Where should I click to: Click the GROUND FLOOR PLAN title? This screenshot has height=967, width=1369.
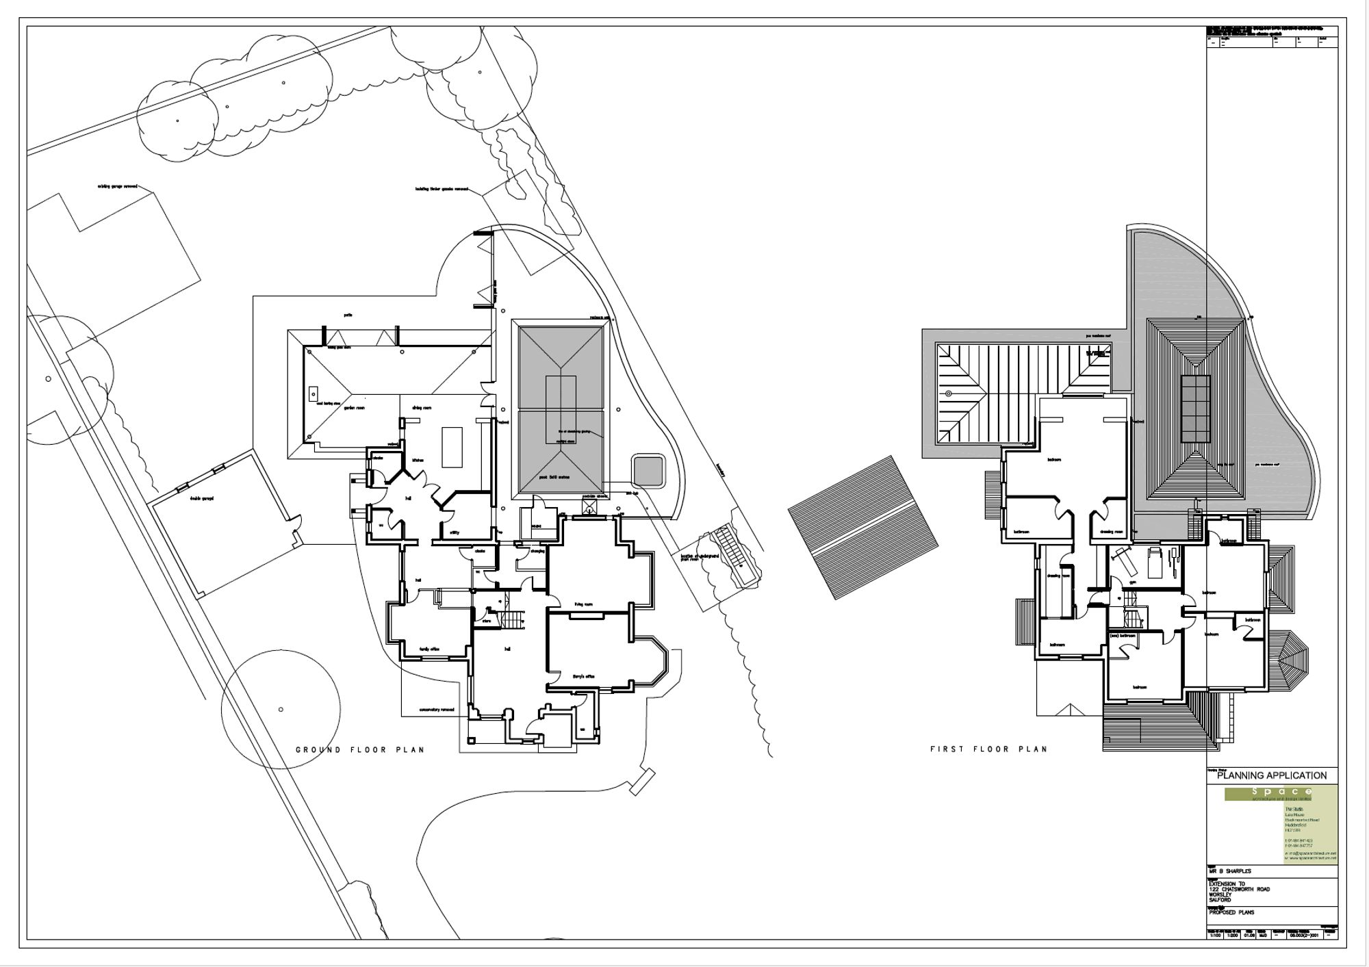(x=360, y=749)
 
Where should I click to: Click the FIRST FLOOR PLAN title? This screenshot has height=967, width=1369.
(x=988, y=749)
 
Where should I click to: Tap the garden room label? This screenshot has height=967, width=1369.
(x=354, y=408)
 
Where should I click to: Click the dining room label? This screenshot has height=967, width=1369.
(x=422, y=408)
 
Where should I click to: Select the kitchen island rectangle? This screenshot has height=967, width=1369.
(x=452, y=446)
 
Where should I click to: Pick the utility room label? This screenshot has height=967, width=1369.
(x=455, y=532)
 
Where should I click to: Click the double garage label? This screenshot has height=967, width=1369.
(x=202, y=498)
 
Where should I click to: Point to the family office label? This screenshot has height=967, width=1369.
(x=429, y=649)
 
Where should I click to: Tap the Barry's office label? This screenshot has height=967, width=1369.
(x=584, y=676)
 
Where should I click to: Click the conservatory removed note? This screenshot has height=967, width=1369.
(x=437, y=710)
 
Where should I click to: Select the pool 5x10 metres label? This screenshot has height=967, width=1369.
(x=554, y=477)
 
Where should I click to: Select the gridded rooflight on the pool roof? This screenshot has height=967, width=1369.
(x=1194, y=409)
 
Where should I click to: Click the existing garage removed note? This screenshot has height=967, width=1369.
(x=118, y=186)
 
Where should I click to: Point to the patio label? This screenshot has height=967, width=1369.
(x=348, y=315)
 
